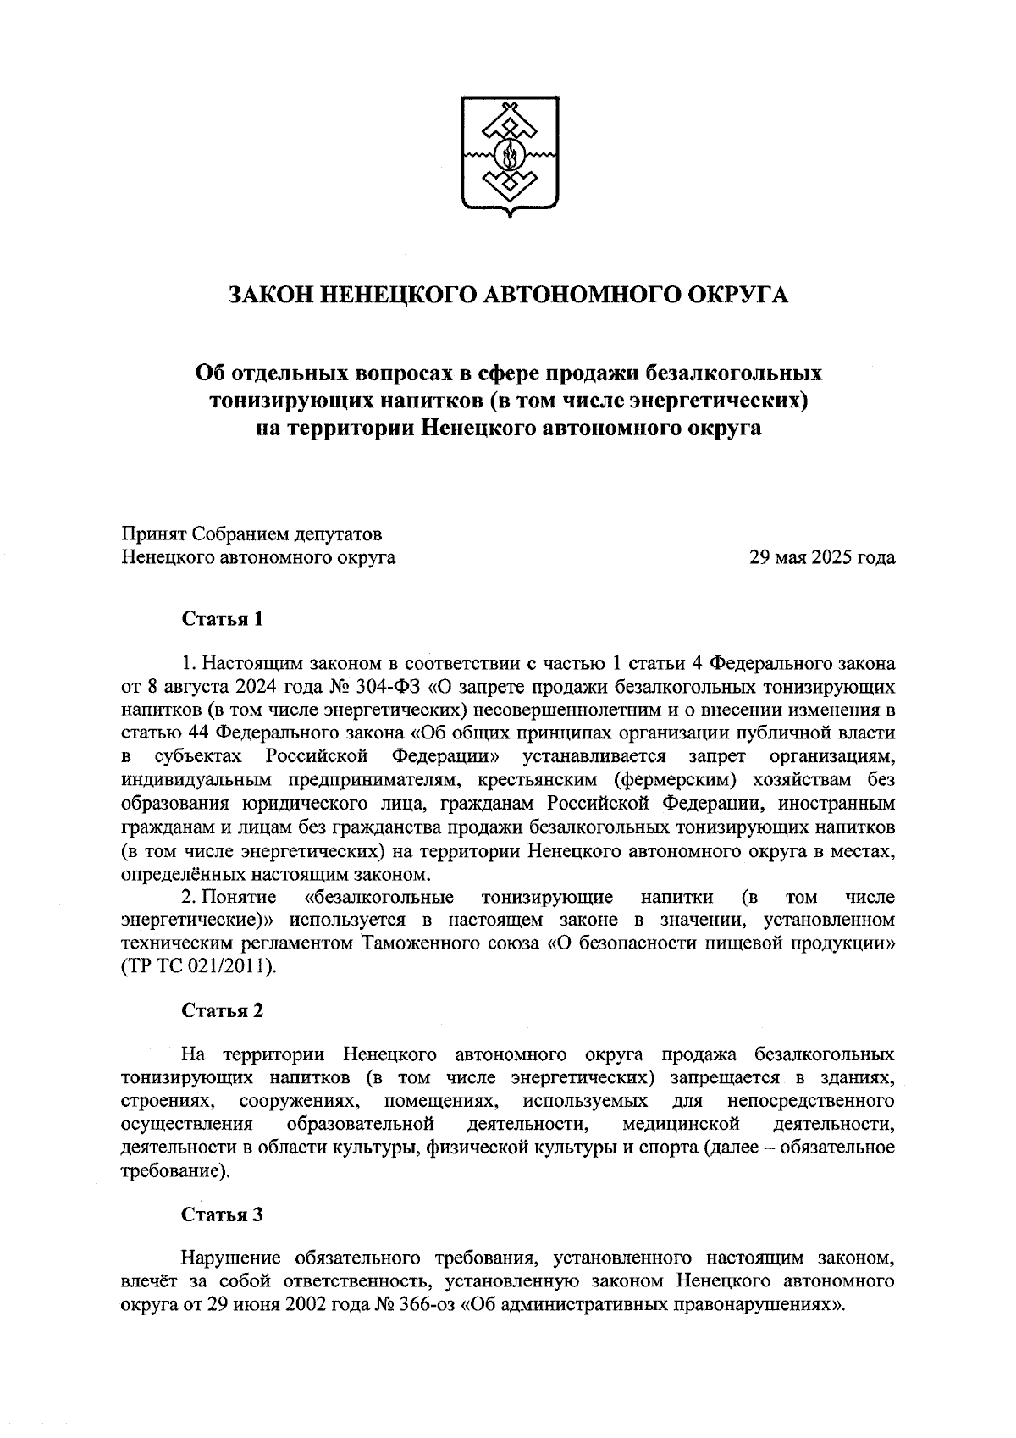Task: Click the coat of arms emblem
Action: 509,157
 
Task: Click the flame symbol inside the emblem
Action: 509,156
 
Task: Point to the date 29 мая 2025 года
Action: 822,558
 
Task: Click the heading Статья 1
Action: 223,619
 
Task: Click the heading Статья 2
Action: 223,1010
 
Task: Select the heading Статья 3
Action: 223,1214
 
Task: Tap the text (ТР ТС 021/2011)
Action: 199,965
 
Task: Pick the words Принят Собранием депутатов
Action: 252,534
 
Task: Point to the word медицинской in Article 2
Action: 681,1125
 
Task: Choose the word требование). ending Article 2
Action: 175,1171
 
